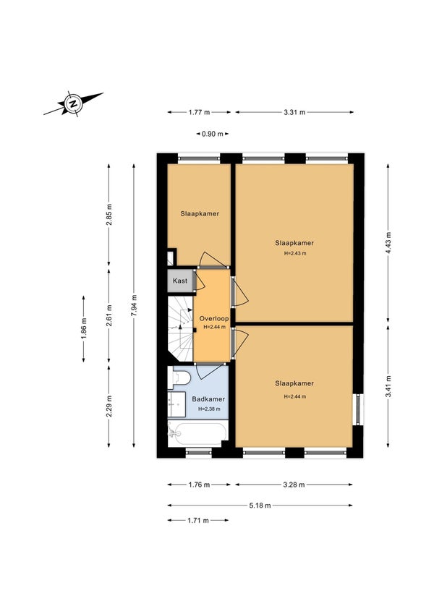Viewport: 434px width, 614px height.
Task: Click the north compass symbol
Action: point(73,103)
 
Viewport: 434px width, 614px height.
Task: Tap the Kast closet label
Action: point(180,281)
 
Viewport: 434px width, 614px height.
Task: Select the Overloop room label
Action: point(214,318)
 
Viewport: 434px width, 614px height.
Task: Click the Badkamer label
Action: point(208,399)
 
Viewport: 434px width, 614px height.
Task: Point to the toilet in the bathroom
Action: point(179,378)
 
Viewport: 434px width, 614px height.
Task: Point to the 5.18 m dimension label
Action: point(260,506)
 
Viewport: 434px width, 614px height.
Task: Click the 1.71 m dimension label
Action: point(197,520)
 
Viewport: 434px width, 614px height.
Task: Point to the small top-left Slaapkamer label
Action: point(200,213)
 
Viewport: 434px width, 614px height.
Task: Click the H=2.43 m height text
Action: point(294,253)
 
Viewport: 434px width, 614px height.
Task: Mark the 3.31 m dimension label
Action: point(294,112)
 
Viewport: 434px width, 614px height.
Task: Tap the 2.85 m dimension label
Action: point(109,216)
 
